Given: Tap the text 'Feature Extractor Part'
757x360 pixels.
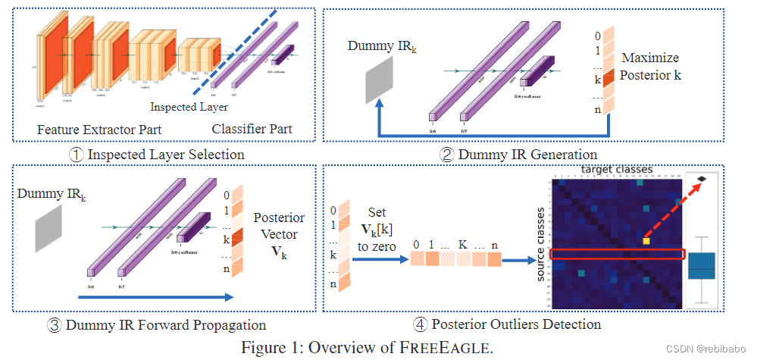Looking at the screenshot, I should click(99, 130).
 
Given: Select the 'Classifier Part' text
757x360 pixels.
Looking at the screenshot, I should click(252, 130).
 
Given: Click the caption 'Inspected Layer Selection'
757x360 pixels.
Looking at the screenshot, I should click(157, 155).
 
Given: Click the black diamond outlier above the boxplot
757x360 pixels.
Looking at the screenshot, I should click(702, 179).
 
